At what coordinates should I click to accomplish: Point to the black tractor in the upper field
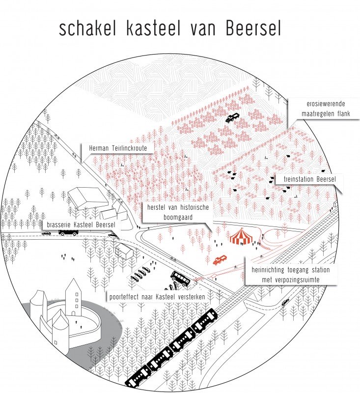click(x=232, y=118)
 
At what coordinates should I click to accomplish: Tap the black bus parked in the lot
click(x=180, y=278)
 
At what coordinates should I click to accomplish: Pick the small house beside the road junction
click(x=126, y=252)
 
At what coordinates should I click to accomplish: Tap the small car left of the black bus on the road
click(x=46, y=234)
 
